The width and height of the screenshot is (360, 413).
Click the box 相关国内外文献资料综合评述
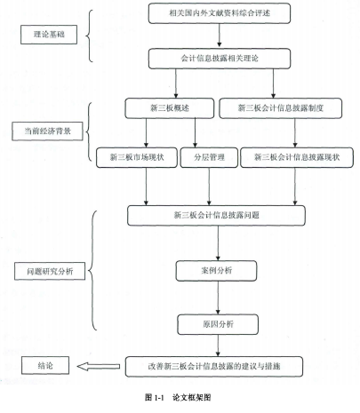point(220,13)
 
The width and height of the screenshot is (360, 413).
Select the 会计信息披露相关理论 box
point(220,59)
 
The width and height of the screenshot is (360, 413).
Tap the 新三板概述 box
point(170,108)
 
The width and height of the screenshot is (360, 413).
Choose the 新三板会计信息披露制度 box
point(280,108)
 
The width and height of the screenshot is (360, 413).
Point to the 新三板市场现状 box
point(137,157)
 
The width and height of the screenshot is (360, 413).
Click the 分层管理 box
point(209,157)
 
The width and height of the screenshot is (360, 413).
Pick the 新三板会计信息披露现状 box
point(297,157)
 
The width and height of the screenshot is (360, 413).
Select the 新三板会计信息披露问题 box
point(216,216)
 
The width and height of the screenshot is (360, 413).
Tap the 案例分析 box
point(216,271)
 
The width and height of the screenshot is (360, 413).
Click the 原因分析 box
point(218,324)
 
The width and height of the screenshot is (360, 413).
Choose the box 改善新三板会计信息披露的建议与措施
point(214,367)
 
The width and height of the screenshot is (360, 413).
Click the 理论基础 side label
point(49,35)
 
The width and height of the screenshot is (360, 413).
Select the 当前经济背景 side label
point(47,131)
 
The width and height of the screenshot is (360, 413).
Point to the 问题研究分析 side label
point(50,271)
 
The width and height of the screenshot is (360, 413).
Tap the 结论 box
point(45,365)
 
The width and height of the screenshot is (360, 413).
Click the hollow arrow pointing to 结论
point(99,367)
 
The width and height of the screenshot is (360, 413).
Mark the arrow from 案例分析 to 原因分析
point(218,298)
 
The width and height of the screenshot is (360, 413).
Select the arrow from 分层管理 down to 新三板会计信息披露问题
point(209,187)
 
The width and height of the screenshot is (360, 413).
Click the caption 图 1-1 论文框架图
point(178,397)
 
